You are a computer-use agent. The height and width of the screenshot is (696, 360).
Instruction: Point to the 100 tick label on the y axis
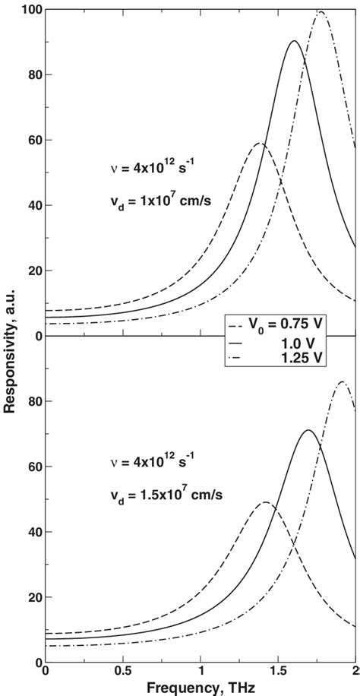coord(27,9)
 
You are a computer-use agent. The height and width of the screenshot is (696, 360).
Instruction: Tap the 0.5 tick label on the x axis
coord(123,672)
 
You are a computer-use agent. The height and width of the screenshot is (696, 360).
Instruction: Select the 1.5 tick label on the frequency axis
coord(278,672)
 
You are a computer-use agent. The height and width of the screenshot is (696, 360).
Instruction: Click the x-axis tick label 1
coord(201,672)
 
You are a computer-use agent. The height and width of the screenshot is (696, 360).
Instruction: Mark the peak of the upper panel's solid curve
coord(295,41)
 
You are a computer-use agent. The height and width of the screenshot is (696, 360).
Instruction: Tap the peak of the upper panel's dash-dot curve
coord(321,12)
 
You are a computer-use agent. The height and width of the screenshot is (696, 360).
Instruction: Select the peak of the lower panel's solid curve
coord(308,431)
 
